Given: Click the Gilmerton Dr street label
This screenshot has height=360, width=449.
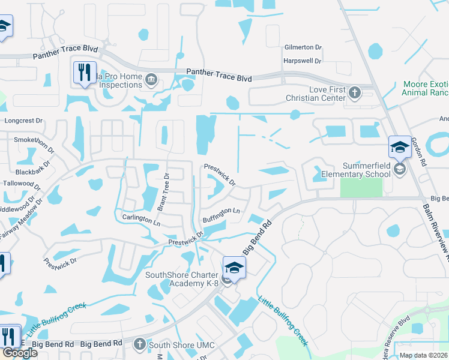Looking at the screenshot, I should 303,47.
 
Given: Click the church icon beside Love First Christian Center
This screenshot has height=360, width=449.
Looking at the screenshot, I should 355,92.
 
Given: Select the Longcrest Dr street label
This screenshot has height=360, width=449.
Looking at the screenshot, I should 23,121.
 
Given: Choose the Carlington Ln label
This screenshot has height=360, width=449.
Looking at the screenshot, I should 141,220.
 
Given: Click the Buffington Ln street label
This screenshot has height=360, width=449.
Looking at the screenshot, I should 221,215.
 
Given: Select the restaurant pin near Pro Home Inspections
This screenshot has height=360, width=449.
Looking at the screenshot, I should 84,73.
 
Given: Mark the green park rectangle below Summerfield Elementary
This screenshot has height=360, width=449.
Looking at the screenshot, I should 361,187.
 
